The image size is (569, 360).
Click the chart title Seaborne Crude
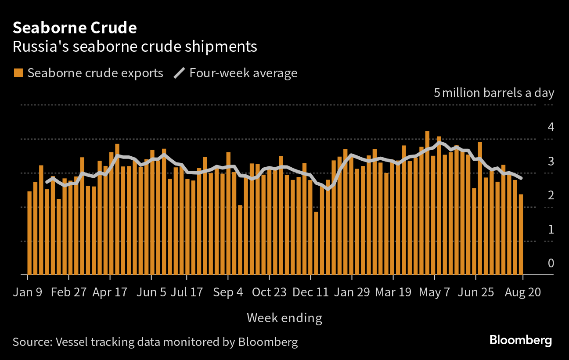tap(75, 28)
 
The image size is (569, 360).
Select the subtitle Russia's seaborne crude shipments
tap(134, 47)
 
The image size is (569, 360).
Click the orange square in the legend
tap(18, 73)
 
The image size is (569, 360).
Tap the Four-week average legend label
tap(243, 73)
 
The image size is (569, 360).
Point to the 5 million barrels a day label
tap(494, 93)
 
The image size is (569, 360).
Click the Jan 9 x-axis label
tap(27, 292)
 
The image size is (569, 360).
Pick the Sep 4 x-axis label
tap(228, 292)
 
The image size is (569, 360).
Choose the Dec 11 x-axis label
tap(310, 292)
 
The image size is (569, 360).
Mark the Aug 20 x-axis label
tap(522, 292)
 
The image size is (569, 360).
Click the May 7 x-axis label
tap(434, 292)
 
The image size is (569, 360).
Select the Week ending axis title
tap(284, 317)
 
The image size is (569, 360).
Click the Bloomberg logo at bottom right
tap(520, 340)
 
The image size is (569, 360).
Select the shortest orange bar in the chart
tap(316, 244)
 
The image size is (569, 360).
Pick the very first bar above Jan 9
tap(29, 233)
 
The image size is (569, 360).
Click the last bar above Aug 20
tap(521, 234)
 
